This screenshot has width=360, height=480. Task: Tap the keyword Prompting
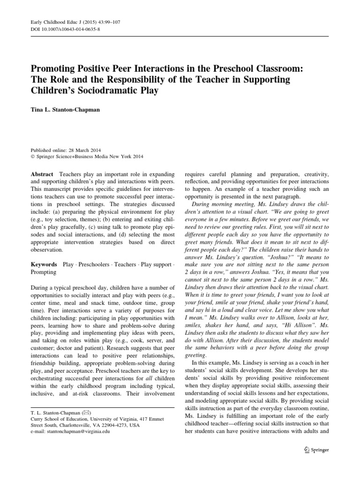(x=43, y=272)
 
